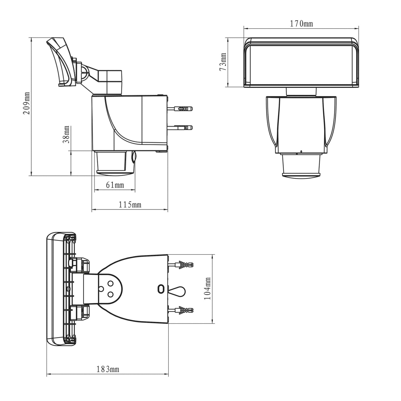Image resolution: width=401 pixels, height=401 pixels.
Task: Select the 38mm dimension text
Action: point(66,134)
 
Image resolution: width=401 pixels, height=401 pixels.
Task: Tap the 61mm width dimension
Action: point(115,185)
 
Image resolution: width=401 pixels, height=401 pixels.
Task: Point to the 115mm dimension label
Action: point(130,205)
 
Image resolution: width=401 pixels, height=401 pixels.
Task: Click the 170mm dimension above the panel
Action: point(301,24)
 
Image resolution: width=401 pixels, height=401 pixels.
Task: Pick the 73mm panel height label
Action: point(223,62)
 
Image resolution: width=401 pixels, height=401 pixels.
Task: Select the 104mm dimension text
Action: point(207,289)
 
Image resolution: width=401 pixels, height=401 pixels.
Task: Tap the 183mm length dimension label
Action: point(108,369)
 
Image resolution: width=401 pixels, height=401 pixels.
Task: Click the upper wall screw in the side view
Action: point(180,109)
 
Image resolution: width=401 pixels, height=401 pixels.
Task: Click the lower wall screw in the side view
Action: point(180,128)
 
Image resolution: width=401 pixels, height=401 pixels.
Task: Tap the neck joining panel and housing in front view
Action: point(301,92)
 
